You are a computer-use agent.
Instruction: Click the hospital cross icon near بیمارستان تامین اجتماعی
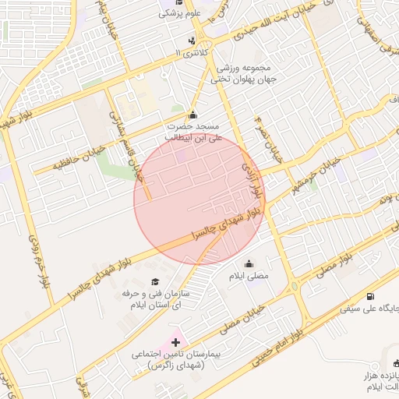pyautogui.click(x=175, y=342)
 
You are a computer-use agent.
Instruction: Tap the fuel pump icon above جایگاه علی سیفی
pyautogui.click(x=369, y=296)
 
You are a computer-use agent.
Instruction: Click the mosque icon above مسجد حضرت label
pyautogui.click(x=193, y=115)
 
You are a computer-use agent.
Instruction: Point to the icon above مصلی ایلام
pyautogui.click(x=249, y=263)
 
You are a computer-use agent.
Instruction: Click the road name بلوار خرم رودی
pyautogui.click(x=37, y=263)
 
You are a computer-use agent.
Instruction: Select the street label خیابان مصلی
pyautogui.click(x=232, y=311)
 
